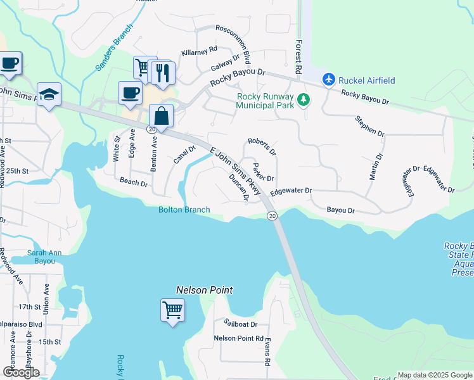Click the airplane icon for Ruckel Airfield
coord(328,80)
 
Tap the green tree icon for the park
coord(304,99)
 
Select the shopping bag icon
coord(162,117)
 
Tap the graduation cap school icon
coord(49,95)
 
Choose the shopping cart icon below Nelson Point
coord(172,310)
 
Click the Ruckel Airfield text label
coord(367,80)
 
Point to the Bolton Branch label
coord(184,210)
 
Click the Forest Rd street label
coord(298,51)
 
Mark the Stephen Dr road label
coord(369,126)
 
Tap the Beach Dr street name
coord(134,183)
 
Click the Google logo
coord(21,372)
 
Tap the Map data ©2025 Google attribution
coord(434,375)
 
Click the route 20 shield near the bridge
coord(271,216)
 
